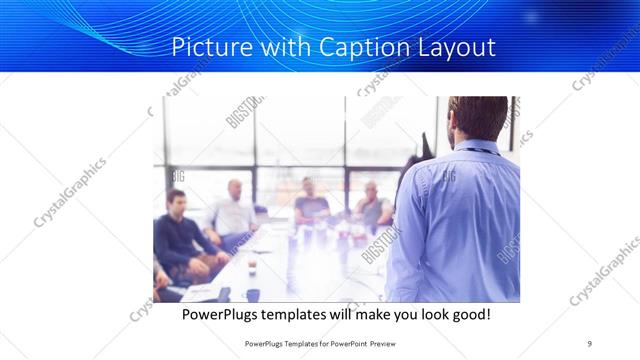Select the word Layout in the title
click(449, 47)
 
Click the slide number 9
click(590, 342)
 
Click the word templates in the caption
click(313, 314)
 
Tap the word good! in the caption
click(468, 314)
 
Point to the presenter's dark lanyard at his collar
click(482, 150)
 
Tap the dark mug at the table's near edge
click(253, 294)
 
